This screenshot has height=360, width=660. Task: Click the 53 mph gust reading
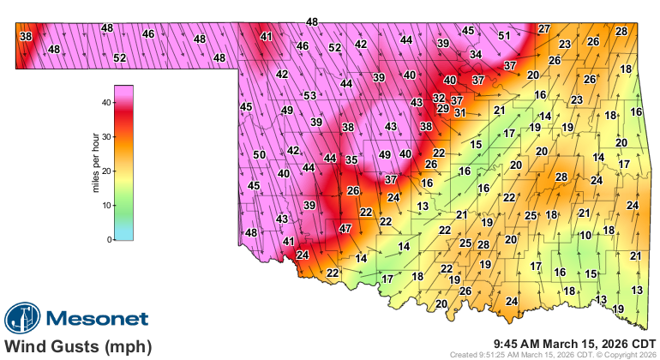tap(309, 95)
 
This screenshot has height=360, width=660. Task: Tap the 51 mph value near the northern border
tap(505, 36)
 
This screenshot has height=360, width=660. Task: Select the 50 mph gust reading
tap(259, 154)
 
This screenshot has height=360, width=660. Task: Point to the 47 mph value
tap(345, 229)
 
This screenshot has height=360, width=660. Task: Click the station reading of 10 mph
tap(585, 235)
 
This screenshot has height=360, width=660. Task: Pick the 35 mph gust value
tap(351, 159)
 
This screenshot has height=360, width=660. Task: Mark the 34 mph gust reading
tap(476, 55)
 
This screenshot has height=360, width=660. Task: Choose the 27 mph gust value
tap(543, 29)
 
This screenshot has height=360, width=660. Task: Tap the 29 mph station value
tap(443, 109)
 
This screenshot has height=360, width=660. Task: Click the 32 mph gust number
tap(439, 99)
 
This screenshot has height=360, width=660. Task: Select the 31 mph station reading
tap(460, 112)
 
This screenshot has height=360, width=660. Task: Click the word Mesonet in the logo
tap(96, 319)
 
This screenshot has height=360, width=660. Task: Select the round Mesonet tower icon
tap(21, 319)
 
